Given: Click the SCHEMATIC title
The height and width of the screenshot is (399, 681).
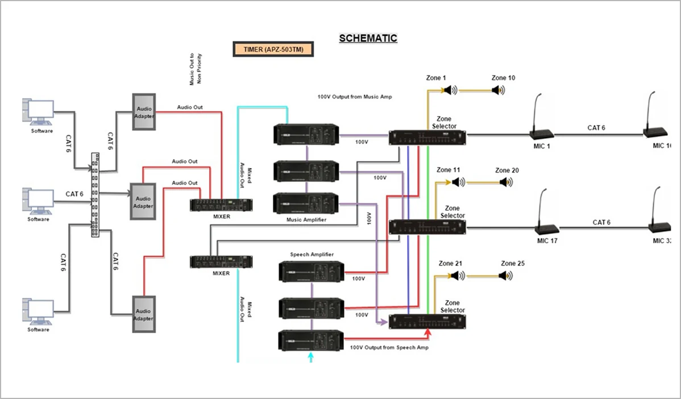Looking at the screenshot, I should pos(368,39).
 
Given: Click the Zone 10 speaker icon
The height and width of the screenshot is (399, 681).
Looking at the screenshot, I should pos(498,90).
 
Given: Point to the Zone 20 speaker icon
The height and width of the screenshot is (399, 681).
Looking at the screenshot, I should pos(506,182).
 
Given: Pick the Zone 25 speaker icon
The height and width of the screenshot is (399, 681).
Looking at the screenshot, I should pos(505,276).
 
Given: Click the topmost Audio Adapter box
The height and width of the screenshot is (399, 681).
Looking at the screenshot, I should pos(144,111).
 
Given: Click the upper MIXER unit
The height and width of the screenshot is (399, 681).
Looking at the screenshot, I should pos(221,205).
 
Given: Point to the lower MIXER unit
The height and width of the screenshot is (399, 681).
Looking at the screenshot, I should pos(221,262).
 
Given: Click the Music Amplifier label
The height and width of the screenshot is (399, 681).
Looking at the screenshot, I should pos(307,219).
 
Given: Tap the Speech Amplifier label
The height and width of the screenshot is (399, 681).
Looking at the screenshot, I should pos(312,255).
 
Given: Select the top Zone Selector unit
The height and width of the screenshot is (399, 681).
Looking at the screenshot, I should pos(427,137).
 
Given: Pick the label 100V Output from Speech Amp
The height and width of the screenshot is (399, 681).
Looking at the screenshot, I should pos(389,347).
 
